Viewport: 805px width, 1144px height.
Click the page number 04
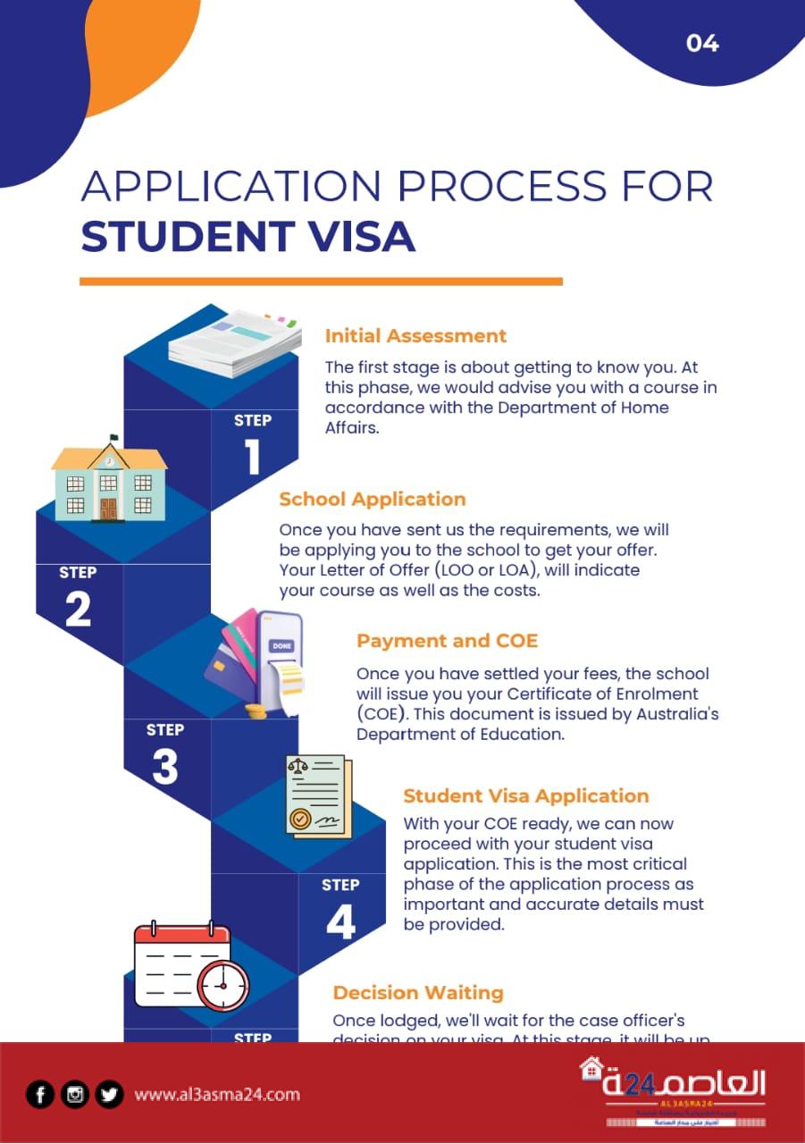click(702, 43)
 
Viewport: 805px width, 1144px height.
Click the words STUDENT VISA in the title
click(247, 236)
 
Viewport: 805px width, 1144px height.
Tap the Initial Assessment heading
click(415, 336)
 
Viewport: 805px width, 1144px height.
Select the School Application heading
click(372, 499)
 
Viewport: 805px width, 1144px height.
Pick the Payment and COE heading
click(447, 641)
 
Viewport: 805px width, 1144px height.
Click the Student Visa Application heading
click(525, 795)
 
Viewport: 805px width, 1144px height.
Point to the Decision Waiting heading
click(418, 992)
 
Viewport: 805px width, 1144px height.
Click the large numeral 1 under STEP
click(253, 456)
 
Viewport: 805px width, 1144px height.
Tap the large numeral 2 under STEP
click(78, 609)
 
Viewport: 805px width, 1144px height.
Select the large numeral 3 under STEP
click(165, 767)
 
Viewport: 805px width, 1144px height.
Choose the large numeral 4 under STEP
click(340, 921)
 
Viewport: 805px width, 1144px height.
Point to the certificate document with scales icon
click(318, 795)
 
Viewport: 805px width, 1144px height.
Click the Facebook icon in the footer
click(39, 1094)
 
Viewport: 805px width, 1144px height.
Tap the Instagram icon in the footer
click(75, 1094)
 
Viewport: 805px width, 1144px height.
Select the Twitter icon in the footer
click(109, 1094)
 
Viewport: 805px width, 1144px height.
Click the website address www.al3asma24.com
click(217, 1094)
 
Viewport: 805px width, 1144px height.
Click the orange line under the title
click(321, 281)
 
